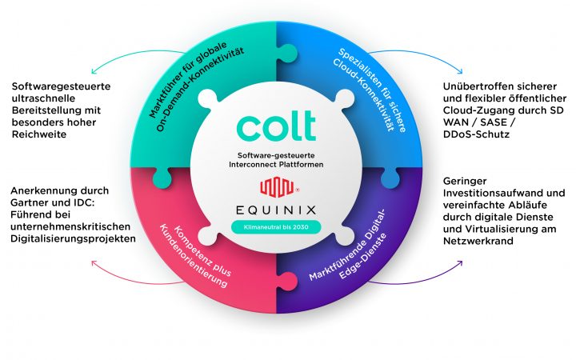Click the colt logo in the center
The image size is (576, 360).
pyautogui.click(x=276, y=126)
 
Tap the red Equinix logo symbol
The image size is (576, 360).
pyautogui.click(x=278, y=187)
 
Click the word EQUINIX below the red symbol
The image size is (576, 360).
pyautogui.click(x=276, y=210)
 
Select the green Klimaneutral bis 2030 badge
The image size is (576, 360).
pyautogui.click(x=276, y=227)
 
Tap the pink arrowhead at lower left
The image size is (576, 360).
pyautogui.click(x=94, y=263)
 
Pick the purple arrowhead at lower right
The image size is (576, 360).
pyautogui.click(x=460, y=263)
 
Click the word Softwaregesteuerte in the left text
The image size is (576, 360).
pyautogui.click(x=61, y=86)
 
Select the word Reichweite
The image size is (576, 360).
pyautogui.click(x=39, y=134)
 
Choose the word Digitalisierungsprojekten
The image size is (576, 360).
pyautogui.click(x=73, y=238)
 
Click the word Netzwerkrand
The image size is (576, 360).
pyautogui.click(x=478, y=241)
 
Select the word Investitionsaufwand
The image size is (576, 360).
pyautogui.click(x=492, y=193)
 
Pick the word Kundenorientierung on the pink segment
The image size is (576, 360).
pyautogui.click(x=193, y=256)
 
